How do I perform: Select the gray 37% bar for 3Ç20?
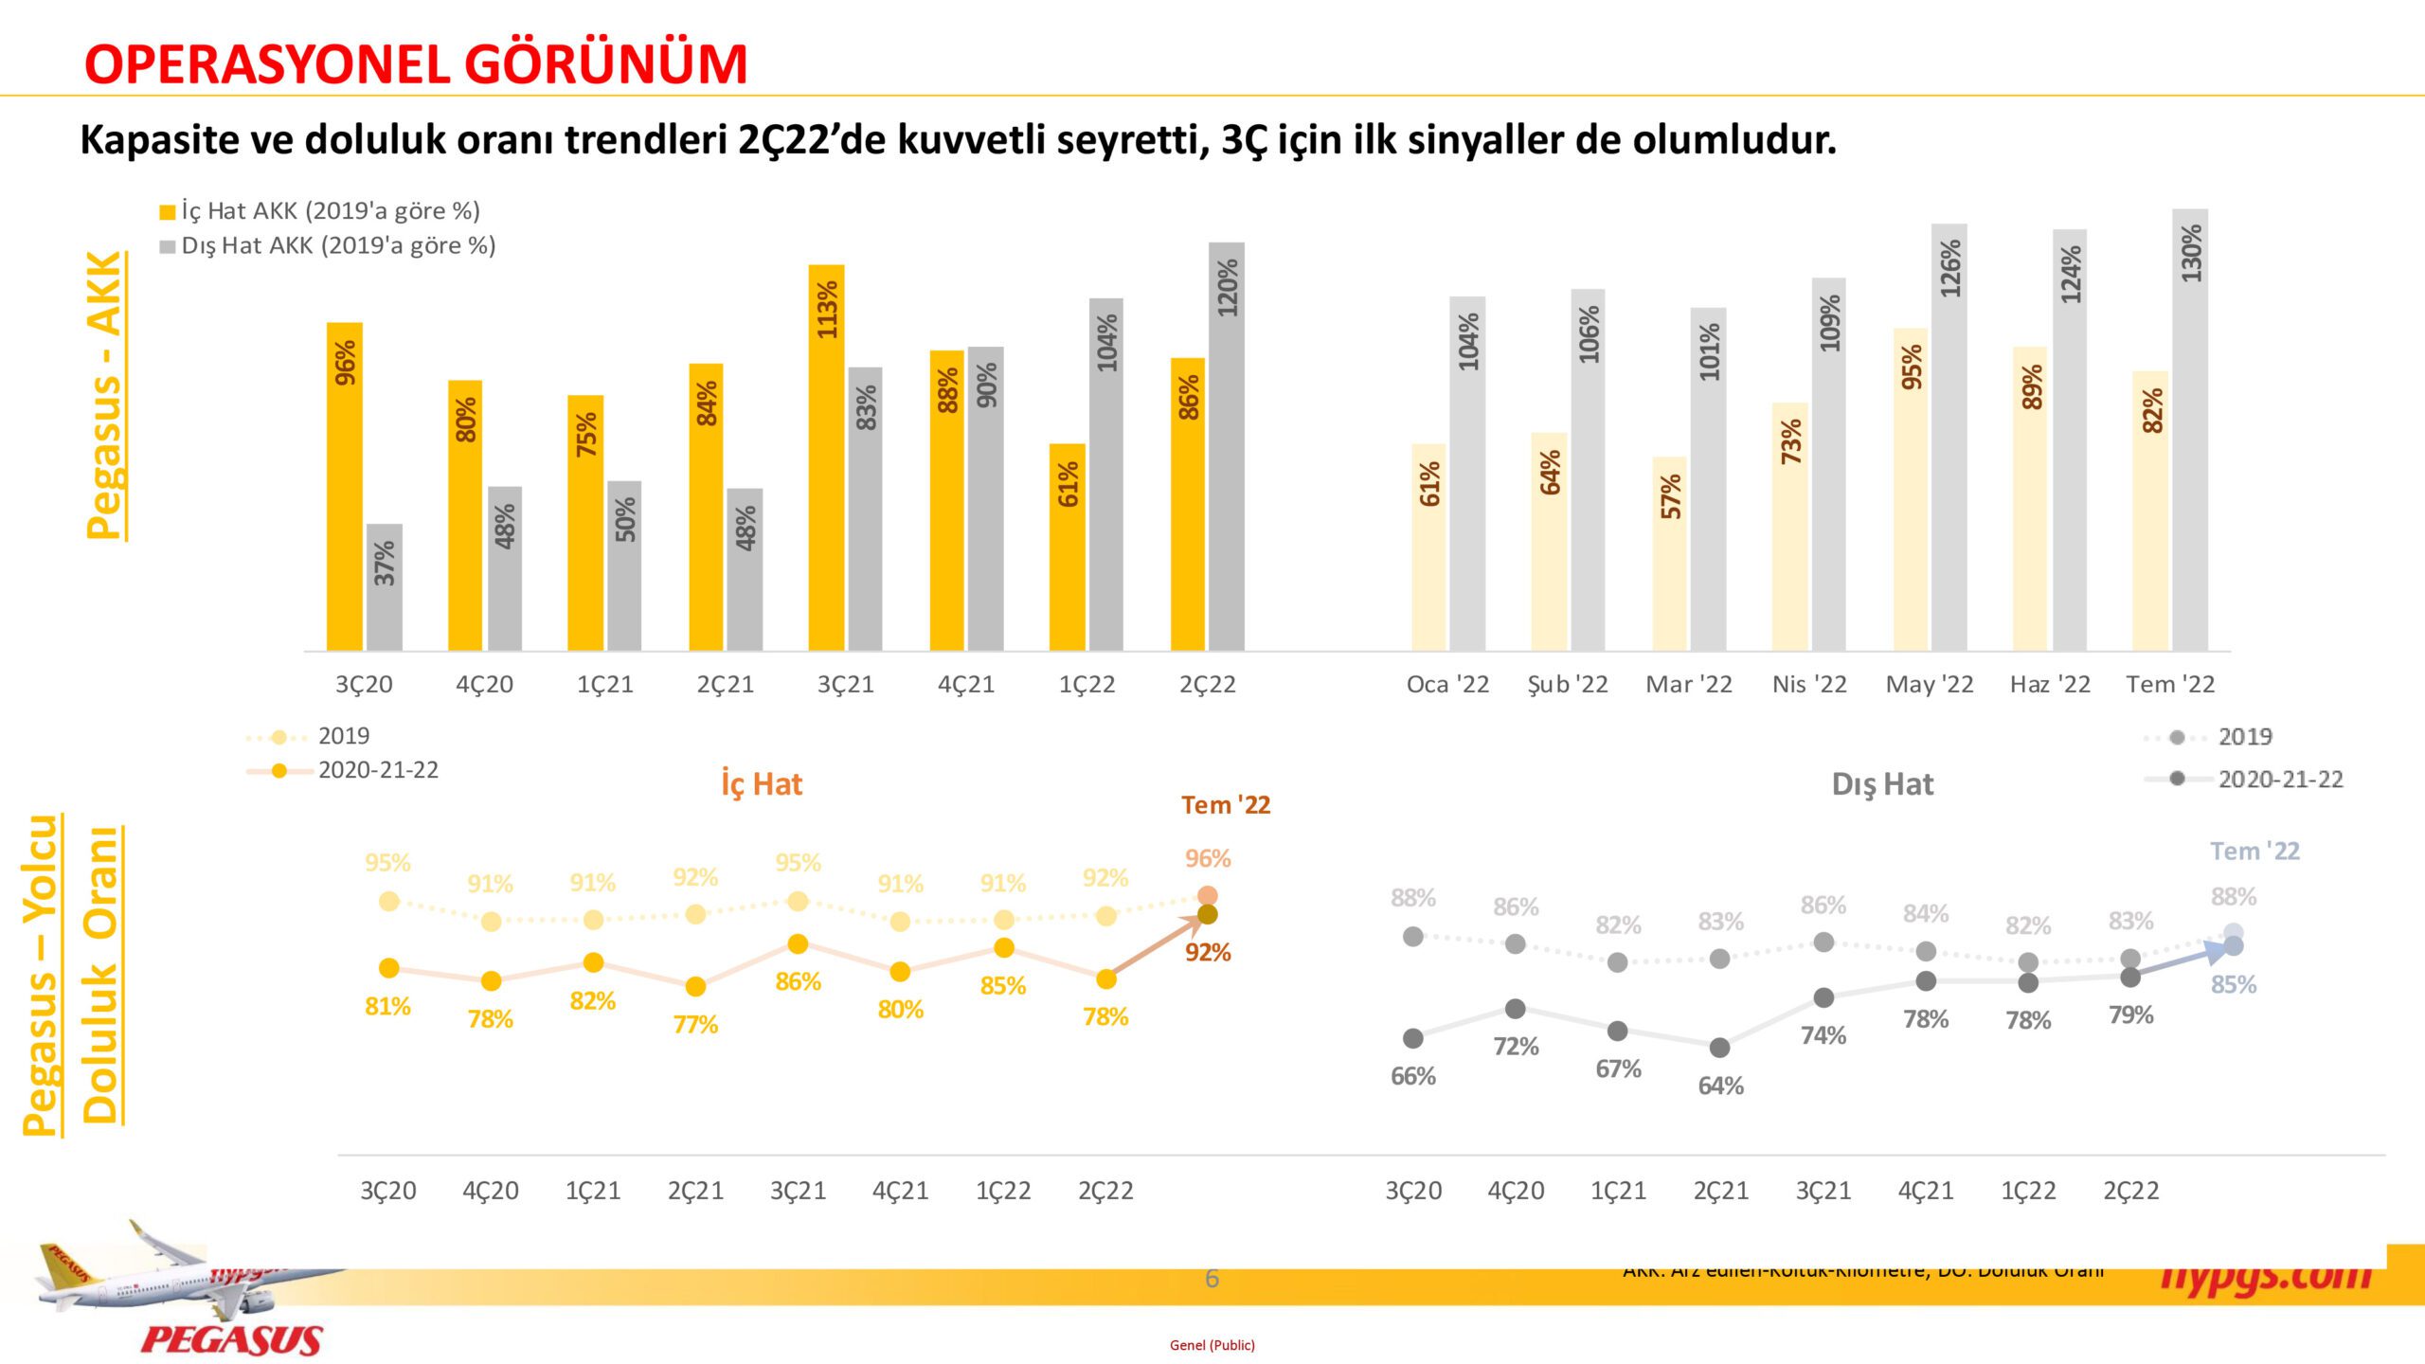click(x=384, y=587)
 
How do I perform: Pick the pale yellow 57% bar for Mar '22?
click(x=1670, y=554)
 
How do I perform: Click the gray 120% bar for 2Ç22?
click(x=1227, y=446)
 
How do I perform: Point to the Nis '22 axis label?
click(x=1809, y=684)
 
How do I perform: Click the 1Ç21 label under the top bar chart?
click(x=604, y=684)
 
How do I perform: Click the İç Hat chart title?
click(x=761, y=784)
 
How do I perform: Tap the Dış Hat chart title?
click(x=1882, y=784)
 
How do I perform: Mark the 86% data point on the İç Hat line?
click(x=798, y=944)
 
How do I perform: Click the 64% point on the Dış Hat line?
click(x=1720, y=1048)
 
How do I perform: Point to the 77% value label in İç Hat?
click(x=695, y=1024)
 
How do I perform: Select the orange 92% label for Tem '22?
click(x=1208, y=952)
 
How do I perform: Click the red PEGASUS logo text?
click(x=232, y=1339)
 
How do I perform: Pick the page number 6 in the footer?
click(x=1212, y=1279)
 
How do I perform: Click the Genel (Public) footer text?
click(x=1212, y=1345)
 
